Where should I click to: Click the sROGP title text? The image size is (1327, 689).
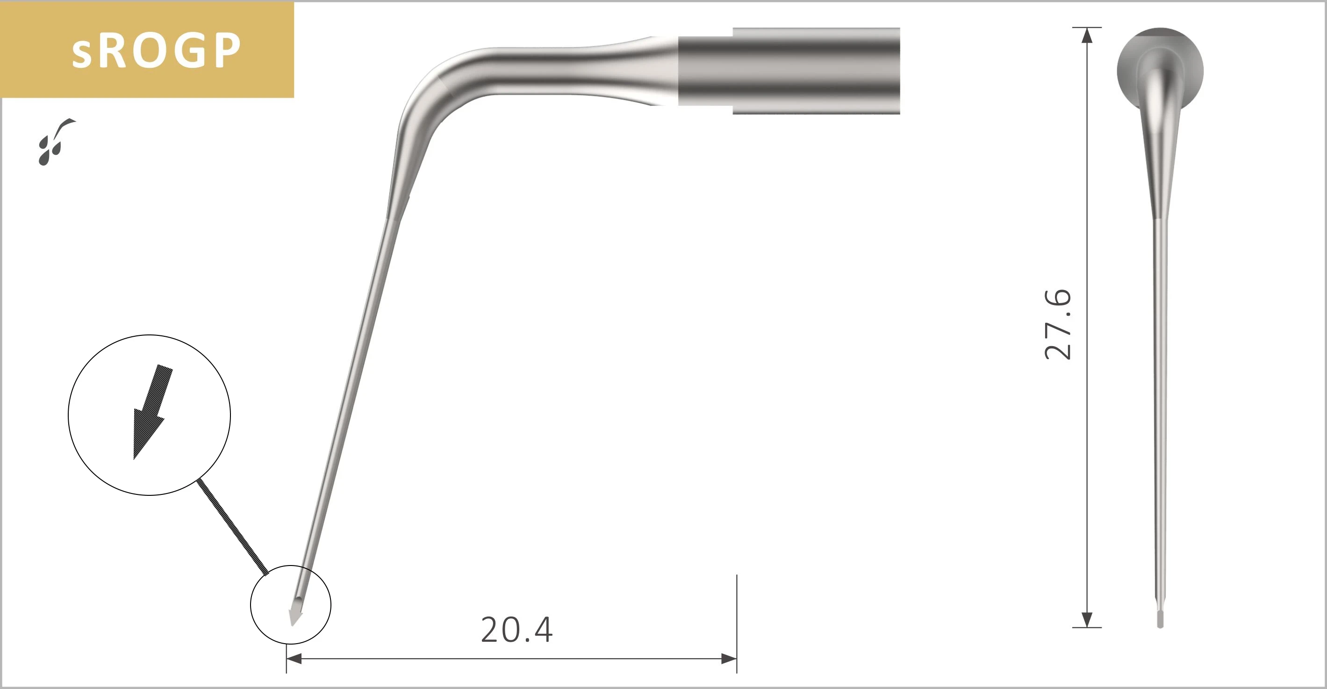coord(156,51)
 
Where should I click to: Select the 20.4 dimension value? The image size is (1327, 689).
coord(516,630)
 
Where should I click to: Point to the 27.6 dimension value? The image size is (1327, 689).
coord(1058,325)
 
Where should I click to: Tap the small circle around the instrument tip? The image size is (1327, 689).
coord(291,604)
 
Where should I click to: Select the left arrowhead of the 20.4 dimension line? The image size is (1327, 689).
coord(294,659)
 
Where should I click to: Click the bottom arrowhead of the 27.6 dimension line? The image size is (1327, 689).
coord(1086,619)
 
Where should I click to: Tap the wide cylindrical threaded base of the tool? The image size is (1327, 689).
coord(816,71)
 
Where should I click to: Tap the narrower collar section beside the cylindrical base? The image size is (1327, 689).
coord(705,71)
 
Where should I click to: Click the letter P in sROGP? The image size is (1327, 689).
coord(227,51)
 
